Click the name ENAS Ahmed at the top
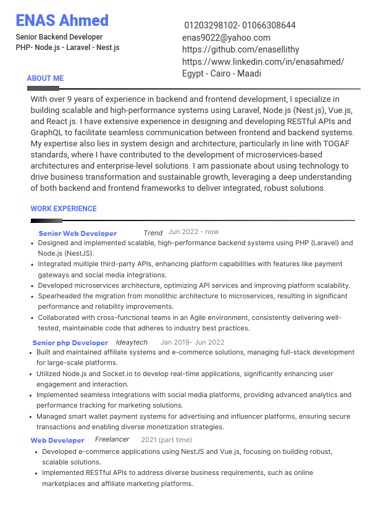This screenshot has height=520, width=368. click(x=62, y=20)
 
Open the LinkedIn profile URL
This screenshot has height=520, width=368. click(x=263, y=62)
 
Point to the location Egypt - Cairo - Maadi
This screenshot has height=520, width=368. click(x=222, y=73)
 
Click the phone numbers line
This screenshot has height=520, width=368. click(x=240, y=25)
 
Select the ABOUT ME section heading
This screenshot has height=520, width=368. click(x=45, y=78)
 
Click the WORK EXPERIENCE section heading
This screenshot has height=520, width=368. click(x=64, y=209)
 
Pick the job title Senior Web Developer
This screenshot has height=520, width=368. click(x=78, y=233)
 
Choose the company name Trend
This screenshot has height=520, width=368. click(x=153, y=233)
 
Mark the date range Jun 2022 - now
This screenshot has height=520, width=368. click(x=193, y=232)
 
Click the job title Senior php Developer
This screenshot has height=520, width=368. click(x=70, y=343)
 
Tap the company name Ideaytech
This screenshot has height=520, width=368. click(x=132, y=342)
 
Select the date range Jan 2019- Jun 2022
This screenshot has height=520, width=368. click(x=192, y=342)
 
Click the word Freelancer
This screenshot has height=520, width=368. click(x=112, y=439)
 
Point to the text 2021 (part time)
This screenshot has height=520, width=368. click(x=166, y=440)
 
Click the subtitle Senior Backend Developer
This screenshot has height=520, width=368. click(x=59, y=37)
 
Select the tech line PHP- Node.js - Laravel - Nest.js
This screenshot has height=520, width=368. click(x=67, y=48)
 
